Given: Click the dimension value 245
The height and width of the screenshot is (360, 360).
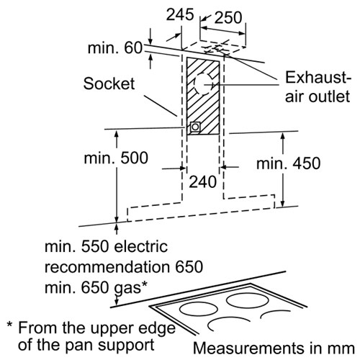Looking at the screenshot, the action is (180, 14).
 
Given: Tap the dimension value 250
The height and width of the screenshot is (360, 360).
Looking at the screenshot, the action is (228, 17).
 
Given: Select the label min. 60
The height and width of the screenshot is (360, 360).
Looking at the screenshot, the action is (115, 48).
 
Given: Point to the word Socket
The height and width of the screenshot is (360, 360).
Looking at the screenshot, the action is (109, 84).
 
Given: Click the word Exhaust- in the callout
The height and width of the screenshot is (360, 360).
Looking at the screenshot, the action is (318, 77).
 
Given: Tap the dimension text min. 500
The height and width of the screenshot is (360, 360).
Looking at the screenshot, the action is (116, 158).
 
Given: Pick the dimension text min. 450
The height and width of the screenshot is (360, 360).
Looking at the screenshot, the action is (289, 163).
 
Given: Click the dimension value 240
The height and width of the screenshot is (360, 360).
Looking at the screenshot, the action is (203, 181).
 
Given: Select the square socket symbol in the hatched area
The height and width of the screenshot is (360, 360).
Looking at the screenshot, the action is (195, 127).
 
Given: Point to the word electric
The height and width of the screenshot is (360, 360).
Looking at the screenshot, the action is (140, 247).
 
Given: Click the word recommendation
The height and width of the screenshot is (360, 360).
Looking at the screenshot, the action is (107, 266).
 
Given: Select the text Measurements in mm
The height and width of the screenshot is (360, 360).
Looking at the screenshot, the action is (274, 348).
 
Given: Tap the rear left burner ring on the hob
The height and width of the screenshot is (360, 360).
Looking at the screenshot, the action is (195, 309).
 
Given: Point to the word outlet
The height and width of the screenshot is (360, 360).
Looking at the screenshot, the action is (329, 96).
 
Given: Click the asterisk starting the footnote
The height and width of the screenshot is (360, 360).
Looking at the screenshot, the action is (9, 325).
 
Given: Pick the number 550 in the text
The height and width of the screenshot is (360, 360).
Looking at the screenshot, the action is (95, 247).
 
